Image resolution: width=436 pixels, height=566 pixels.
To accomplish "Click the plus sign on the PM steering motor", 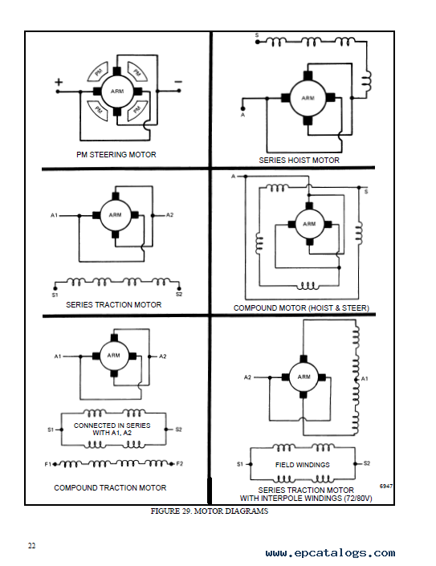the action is (x=59, y=82).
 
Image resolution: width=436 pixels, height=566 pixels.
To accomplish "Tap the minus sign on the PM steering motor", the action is (x=178, y=82).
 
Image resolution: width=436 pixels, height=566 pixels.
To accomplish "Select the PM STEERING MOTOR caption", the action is (x=116, y=154).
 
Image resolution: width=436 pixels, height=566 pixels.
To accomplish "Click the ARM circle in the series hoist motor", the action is (x=308, y=98).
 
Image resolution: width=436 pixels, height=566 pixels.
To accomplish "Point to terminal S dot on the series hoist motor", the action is (x=257, y=43).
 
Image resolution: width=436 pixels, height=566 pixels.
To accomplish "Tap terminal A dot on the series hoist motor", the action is (x=243, y=108).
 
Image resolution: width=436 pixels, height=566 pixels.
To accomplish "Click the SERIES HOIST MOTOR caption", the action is (x=299, y=160).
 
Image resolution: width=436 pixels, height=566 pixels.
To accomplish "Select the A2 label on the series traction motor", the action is (x=169, y=215).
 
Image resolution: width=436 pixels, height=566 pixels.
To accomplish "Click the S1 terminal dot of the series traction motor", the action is (x=55, y=288).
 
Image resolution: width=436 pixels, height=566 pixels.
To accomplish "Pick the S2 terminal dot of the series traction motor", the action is (x=179, y=288).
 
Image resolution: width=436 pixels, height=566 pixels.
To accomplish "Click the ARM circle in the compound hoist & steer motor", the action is (x=309, y=224).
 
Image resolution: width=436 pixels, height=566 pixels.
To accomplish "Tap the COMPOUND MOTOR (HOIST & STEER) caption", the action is (x=301, y=308).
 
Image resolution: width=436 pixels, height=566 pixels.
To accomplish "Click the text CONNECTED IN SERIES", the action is (x=112, y=426).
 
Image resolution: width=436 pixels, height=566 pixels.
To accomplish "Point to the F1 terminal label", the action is (x=48, y=464).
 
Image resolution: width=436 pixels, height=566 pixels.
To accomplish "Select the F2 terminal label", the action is (x=179, y=463).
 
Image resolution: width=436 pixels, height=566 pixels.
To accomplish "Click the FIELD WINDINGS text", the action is (x=303, y=465).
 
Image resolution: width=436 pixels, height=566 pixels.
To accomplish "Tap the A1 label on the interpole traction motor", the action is (x=365, y=379).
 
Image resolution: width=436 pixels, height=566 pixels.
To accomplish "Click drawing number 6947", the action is (x=386, y=487).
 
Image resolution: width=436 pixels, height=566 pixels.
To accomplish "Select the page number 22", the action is (x=32, y=545).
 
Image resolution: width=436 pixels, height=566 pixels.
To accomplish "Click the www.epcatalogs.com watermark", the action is (x=330, y=553).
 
